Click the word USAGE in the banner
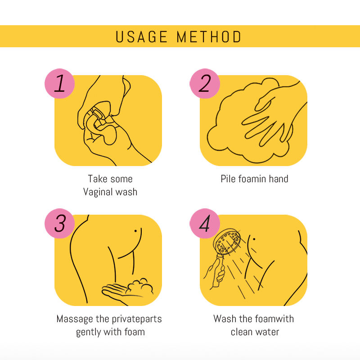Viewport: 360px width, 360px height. click(141, 37)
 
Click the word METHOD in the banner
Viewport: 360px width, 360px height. click(209, 37)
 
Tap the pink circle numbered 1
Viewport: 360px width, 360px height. click(60, 83)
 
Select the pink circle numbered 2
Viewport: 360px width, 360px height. click(205, 83)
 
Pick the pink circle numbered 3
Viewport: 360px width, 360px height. click(60, 223)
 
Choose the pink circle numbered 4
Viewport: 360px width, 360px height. click(205, 223)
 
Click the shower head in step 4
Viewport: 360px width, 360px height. click(227, 242)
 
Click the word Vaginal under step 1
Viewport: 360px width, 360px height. click(98, 192)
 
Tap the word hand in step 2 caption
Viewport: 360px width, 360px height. click(279, 179)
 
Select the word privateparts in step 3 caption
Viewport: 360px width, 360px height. click(137, 319)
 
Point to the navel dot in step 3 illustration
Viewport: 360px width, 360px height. click(135, 231)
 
